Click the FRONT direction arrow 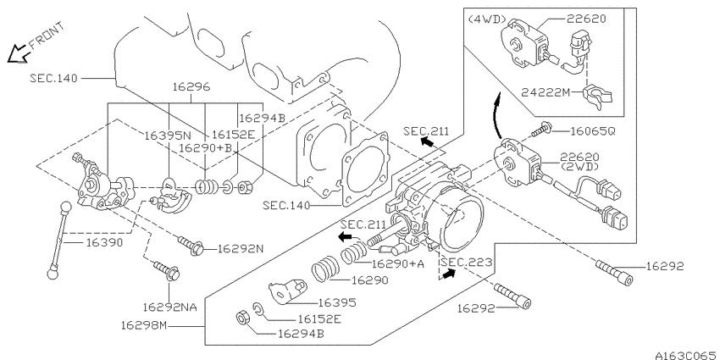coord(19,53)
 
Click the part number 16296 coord(191,86)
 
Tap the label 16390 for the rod coord(105,242)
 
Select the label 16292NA coord(170,307)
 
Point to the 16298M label coord(144,325)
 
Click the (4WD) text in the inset coord(487,19)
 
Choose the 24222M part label coord(545,92)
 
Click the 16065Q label coord(592,131)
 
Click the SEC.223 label coord(467,263)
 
